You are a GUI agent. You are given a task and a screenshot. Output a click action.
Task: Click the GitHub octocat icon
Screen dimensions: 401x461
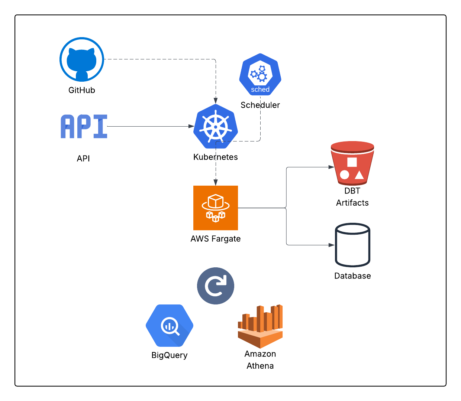pos(82,59)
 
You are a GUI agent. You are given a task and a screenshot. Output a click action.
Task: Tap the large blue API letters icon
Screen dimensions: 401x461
pos(84,127)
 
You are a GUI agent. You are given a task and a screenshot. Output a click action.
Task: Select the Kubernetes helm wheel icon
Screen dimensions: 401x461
pos(216,127)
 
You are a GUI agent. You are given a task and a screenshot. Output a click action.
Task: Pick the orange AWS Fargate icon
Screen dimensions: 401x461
pos(216,208)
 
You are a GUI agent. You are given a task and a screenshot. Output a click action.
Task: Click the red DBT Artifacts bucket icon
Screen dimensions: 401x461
pos(352,163)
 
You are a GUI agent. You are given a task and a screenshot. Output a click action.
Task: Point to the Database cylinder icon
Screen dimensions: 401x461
pos(352,245)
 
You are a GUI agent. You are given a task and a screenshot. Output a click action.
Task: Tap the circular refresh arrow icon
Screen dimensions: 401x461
pos(216,286)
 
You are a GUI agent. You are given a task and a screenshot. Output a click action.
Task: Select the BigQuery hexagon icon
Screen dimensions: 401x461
pos(170,326)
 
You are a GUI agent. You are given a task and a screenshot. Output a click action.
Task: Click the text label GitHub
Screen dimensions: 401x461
pos(82,90)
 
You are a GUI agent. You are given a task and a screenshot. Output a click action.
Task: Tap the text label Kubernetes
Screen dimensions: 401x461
pos(216,157)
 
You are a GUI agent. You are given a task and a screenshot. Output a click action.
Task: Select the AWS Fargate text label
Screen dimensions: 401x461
pos(216,239)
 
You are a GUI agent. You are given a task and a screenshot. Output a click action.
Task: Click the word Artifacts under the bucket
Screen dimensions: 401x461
pos(352,203)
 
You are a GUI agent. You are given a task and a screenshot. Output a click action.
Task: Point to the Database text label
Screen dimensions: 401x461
pos(352,276)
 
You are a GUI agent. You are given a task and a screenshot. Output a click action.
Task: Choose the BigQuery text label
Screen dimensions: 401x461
pos(170,355)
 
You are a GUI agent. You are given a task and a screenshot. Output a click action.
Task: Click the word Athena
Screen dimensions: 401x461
pos(260,366)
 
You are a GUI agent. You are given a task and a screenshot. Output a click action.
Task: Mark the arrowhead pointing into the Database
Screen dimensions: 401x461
pos(332,245)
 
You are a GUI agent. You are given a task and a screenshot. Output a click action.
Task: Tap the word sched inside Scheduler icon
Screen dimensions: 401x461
pos(260,89)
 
